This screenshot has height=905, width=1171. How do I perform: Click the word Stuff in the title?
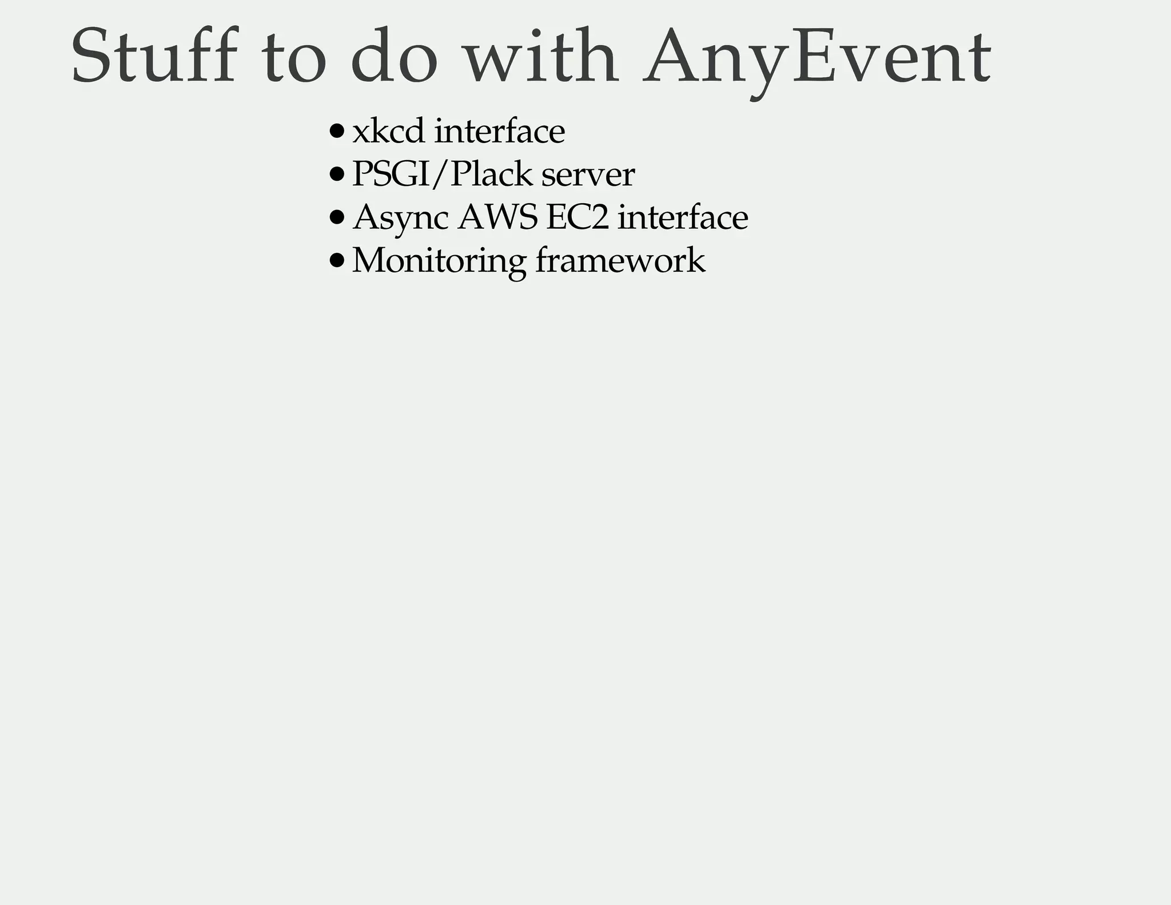153,56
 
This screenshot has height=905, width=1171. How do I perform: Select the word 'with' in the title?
541,56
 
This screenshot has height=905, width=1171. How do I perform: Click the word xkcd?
388,131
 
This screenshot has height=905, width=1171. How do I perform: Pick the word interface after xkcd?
500,131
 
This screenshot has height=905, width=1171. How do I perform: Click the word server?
588,175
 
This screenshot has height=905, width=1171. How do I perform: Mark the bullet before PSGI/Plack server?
337,174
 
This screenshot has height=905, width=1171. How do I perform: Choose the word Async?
400,218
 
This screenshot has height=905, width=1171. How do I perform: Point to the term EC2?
577,217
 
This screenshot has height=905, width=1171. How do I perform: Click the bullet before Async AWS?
337,217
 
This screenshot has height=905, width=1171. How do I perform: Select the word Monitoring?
439,261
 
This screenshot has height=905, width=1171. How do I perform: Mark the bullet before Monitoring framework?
337,261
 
